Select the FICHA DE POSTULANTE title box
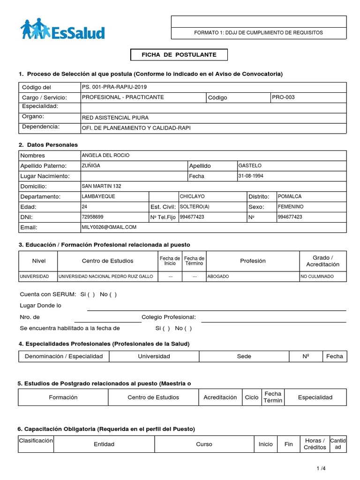tap(179, 55)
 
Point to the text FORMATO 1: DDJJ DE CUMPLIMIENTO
tap(258, 33)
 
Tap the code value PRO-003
tap(284, 97)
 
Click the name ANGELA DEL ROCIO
tap(105, 155)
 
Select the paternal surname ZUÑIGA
tap(91, 165)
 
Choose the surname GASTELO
tap(250, 165)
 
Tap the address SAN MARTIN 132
tap(101, 186)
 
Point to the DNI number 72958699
tap(92, 217)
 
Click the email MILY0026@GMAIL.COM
tap(109, 227)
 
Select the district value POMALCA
tap(290, 196)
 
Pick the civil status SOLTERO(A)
tap(195, 207)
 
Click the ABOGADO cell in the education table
tap(218, 277)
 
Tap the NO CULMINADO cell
tap(317, 277)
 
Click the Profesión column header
tap(253, 261)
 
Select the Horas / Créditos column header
tap(315, 444)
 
